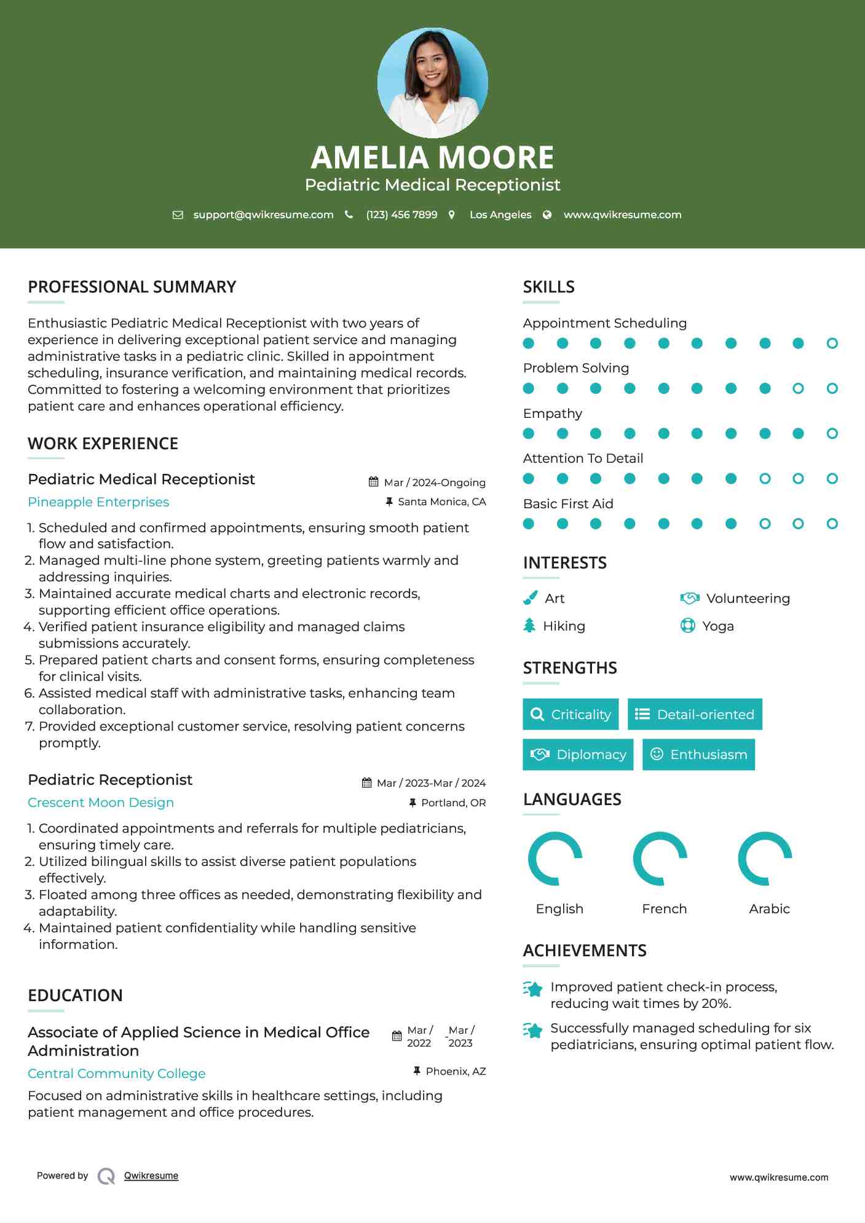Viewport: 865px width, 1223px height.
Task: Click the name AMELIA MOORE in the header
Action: pyautogui.click(x=432, y=157)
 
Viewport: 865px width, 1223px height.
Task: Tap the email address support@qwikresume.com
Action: pyautogui.click(x=263, y=214)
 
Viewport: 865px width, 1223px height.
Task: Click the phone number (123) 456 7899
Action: pyautogui.click(x=401, y=214)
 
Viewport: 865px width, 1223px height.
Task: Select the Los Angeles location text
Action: pyautogui.click(x=500, y=214)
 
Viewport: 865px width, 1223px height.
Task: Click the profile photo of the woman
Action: pyautogui.click(x=432, y=82)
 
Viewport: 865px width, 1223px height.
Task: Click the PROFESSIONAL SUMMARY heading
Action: pyautogui.click(x=132, y=287)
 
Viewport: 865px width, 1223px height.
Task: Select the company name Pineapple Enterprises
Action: pyautogui.click(x=98, y=502)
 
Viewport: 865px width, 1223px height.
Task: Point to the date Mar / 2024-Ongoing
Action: pyautogui.click(x=434, y=482)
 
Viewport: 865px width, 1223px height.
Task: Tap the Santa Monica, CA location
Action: pyautogui.click(x=441, y=501)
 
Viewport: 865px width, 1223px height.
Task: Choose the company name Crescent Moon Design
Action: pyautogui.click(x=101, y=803)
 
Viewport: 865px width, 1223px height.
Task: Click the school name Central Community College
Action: pyautogui.click(x=117, y=1074)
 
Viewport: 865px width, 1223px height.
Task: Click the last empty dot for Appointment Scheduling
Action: pyautogui.click(x=832, y=344)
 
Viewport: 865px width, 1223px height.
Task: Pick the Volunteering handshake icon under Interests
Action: pyautogui.click(x=690, y=598)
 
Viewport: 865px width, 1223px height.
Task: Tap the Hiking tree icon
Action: pyautogui.click(x=529, y=626)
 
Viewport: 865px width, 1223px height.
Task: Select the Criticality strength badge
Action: pyautogui.click(x=571, y=714)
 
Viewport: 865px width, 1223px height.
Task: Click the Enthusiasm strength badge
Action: pyautogui.click(x=698, y=754)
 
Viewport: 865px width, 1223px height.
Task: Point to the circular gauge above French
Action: pyautogui.click(x=660, y=859)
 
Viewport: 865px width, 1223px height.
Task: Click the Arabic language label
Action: pyautogui.click(x=769, y=908)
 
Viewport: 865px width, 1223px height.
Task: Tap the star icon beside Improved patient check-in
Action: pyautogui.click(x=532, y=989)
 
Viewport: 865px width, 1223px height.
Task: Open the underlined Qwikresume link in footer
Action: pyautogui.click(x=151, y=1176)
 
